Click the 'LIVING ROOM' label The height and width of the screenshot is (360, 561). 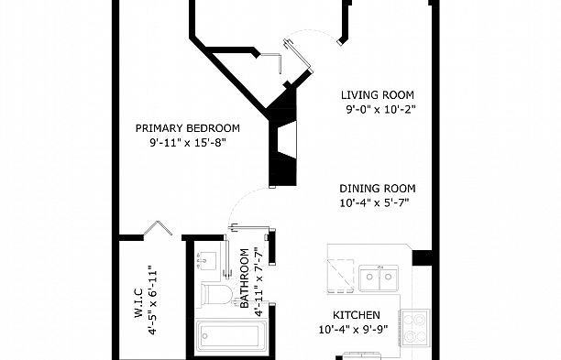point(379,94)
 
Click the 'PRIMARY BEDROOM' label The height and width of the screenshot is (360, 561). point(187,127)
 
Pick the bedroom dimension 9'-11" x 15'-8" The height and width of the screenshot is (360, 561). point(187,143)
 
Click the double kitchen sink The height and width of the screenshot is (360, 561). point(378,276)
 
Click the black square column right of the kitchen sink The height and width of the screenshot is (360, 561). point(422,257)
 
